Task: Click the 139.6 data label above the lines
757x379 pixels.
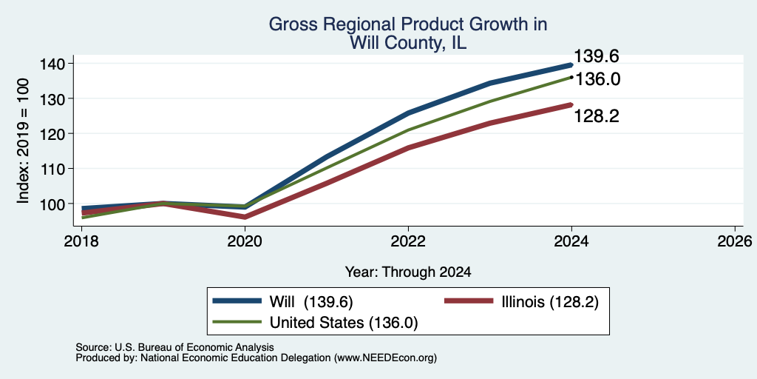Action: pos(597,56)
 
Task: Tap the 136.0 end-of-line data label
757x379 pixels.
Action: pos(597,78)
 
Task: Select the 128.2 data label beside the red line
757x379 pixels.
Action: pos(597,116)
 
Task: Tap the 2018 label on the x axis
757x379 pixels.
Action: pos(81,241)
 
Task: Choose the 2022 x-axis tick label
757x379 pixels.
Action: pos(408,241)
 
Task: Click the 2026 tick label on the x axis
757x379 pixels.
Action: pos(735,241)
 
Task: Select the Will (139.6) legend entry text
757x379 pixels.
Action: pos(311,302)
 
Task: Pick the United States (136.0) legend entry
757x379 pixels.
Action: pos(343,323)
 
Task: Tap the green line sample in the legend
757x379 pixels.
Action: pos(237,321)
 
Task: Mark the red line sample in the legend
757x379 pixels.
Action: pos(468,301)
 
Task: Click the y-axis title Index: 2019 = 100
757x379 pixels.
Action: pos(23,141)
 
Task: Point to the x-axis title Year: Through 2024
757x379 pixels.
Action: pos(408,272)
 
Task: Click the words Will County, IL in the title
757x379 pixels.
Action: pos(408,44)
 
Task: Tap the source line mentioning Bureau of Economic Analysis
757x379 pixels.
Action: pos(174,347)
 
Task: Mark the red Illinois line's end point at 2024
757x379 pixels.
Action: pos(571,104)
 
